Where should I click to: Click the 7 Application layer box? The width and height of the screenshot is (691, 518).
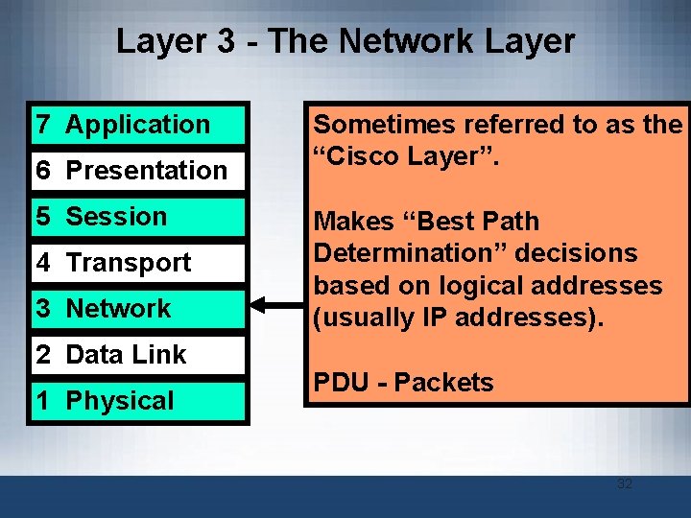tap(139, 125)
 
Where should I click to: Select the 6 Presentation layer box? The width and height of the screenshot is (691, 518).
tap(139, 171)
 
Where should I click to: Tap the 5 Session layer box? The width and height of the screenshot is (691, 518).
tap(139, 217)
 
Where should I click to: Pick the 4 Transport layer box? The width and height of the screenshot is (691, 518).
tap(139, 263)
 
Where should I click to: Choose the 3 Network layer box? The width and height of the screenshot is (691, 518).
tap(139, 309)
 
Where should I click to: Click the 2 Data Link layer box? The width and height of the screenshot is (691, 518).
tap(139, 355)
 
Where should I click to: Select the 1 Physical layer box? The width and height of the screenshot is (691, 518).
tap(139, 401)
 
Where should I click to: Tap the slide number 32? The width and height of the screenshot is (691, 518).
tap(625, 483)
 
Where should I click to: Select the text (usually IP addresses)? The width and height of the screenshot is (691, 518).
tap(459, 318)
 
